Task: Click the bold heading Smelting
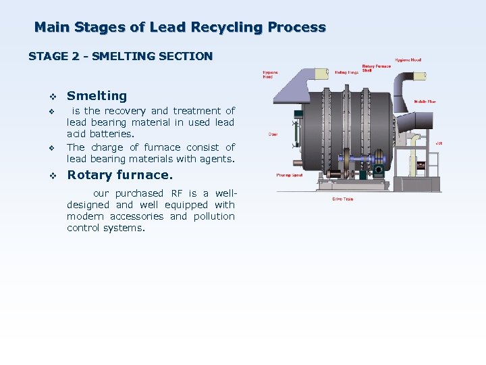[97, 96]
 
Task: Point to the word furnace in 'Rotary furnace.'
[144, 175]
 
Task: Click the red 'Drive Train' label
[342, 199]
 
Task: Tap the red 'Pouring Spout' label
[289, 175]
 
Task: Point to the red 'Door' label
[273, 134]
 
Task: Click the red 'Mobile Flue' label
[425, 101]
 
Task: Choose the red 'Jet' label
[438, 143]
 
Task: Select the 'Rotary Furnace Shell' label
[372, 68]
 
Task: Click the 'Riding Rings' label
[346, 72]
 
